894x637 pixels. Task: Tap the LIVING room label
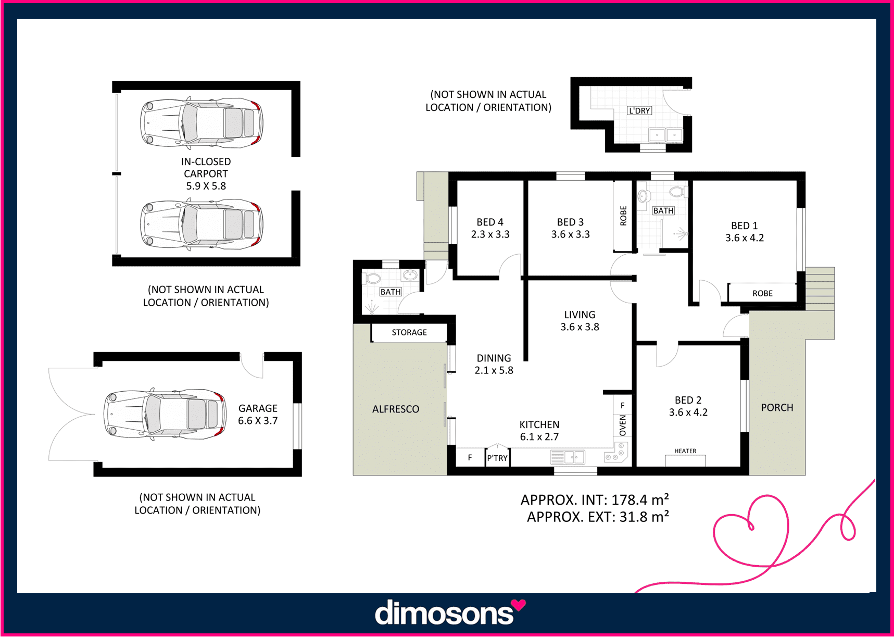click(x=580, y=315)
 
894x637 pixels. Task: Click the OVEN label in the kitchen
click(x=623, y=425)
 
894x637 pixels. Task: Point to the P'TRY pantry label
click(x=497, y=458)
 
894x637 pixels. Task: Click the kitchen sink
click(x=568, y=457)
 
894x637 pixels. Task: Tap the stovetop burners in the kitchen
click(x=618, y=452)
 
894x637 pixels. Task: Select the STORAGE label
click(x=409, y=332)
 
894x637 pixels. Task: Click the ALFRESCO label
click(x=396, y=409)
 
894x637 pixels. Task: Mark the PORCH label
click(x=777, y=407)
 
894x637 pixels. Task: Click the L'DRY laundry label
click(x=639, y=110)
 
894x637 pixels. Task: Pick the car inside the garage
click(x=165, y=415)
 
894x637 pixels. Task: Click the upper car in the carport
click(x=202, y=123)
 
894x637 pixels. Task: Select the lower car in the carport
click(x=202, y=224)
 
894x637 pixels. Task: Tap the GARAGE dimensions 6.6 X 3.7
click(x=258, y=420)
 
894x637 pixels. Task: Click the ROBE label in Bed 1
click(x=762, y=293)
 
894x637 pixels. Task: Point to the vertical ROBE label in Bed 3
click(x=623, y=216)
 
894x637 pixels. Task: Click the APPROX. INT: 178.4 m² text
click(x=595, y=499)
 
